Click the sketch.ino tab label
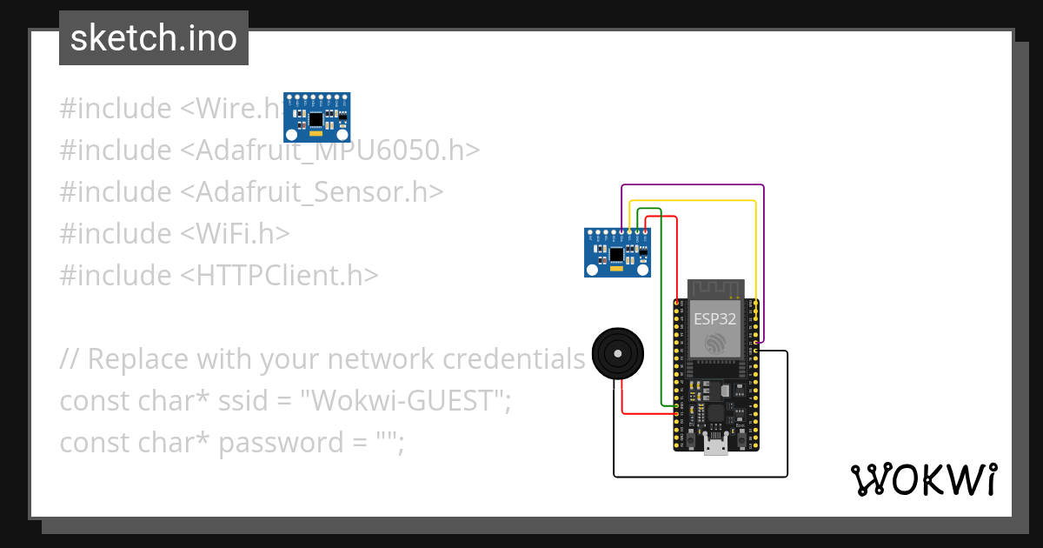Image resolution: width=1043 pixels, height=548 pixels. [x=154, y=38]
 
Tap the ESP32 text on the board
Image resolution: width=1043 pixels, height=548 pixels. [x=715, y=318]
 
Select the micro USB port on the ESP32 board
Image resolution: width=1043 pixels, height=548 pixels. [x=716, y=447]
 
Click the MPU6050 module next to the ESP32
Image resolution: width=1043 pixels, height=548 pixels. [x=617, y=252]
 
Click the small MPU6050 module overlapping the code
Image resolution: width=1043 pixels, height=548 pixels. [x=317, y=117]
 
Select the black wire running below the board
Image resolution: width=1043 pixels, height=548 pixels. [x=701, y=476]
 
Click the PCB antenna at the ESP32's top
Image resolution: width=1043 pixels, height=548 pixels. [x=717, y=288]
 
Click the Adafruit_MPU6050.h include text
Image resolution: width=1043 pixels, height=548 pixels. [x=337, y=150]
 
